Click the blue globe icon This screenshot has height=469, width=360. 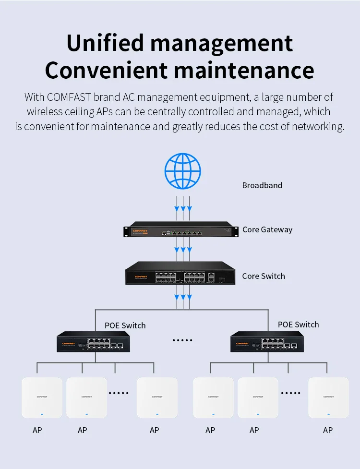(x=183, y=171)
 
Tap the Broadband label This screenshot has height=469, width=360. (x=262, y=185)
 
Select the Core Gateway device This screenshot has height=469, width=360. (x=181, y=229)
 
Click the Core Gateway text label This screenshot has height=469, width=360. (x=267, y=230)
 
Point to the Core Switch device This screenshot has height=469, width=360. (x=180, y=273)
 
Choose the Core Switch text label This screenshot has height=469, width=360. (x=264, y=276)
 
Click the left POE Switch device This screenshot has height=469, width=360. (x=93, y=342)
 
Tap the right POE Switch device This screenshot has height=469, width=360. (x=267, y=342)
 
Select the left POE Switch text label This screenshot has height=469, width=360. (x=125, y=325)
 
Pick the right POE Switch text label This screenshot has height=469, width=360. (x=298, y=325)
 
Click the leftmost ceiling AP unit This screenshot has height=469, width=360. (x=42, y=397)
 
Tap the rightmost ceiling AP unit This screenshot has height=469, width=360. (x=328, y=397)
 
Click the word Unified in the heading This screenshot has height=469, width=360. (x=105, y=43)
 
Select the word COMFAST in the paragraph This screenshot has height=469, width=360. (x=69, y=97)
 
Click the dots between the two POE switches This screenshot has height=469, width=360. (x=182, y=340)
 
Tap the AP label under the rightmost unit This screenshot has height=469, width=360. (x=328, y=430)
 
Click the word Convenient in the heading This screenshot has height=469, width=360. (x=106, y=70)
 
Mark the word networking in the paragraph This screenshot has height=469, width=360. (x=318, y=127)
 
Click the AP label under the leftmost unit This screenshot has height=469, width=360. (x=37, y=430)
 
